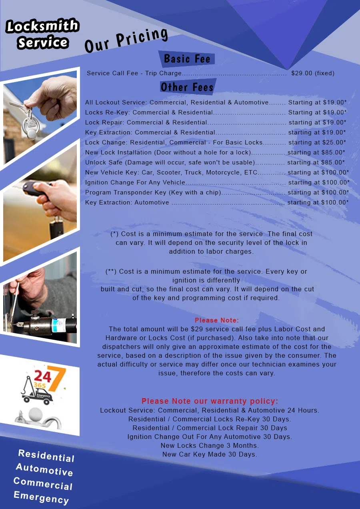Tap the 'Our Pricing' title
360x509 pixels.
[126, 40]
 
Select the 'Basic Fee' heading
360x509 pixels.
[187, 59]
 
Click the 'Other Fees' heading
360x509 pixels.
[187, 87]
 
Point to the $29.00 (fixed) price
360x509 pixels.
[313, 73]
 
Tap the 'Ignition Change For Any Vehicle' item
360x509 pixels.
[135, 182]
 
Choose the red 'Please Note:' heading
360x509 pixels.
[217, 321]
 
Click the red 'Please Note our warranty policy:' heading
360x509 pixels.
[210, 401]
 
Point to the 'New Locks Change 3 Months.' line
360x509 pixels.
[210, 445]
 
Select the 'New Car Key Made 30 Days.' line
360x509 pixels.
[210, 454]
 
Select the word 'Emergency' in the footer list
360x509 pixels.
[41, 497]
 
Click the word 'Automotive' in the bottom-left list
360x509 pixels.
[44, 469]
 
